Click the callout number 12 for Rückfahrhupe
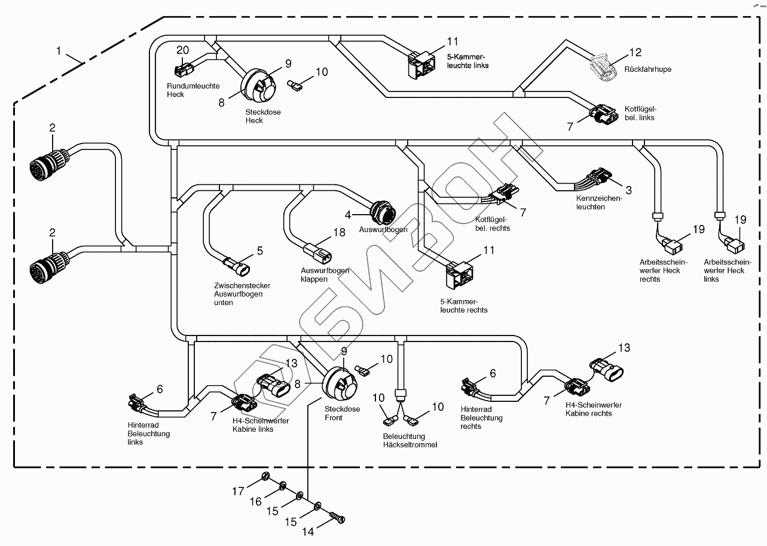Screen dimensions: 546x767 click(x=634, y=53)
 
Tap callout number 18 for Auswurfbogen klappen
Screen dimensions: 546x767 click(x=339, y=232)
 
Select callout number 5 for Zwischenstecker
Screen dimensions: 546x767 click(x=259, y=251)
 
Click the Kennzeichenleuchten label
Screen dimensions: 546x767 click(x=599, y=202)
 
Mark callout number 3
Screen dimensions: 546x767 click(x=628, y=190)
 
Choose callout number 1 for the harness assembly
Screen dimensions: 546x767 click(x=59, y=51)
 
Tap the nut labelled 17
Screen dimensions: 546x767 click(x=264, y=477)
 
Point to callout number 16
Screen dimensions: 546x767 click(x=255, y=501)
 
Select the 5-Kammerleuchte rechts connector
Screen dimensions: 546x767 click(x=459, y=273)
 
